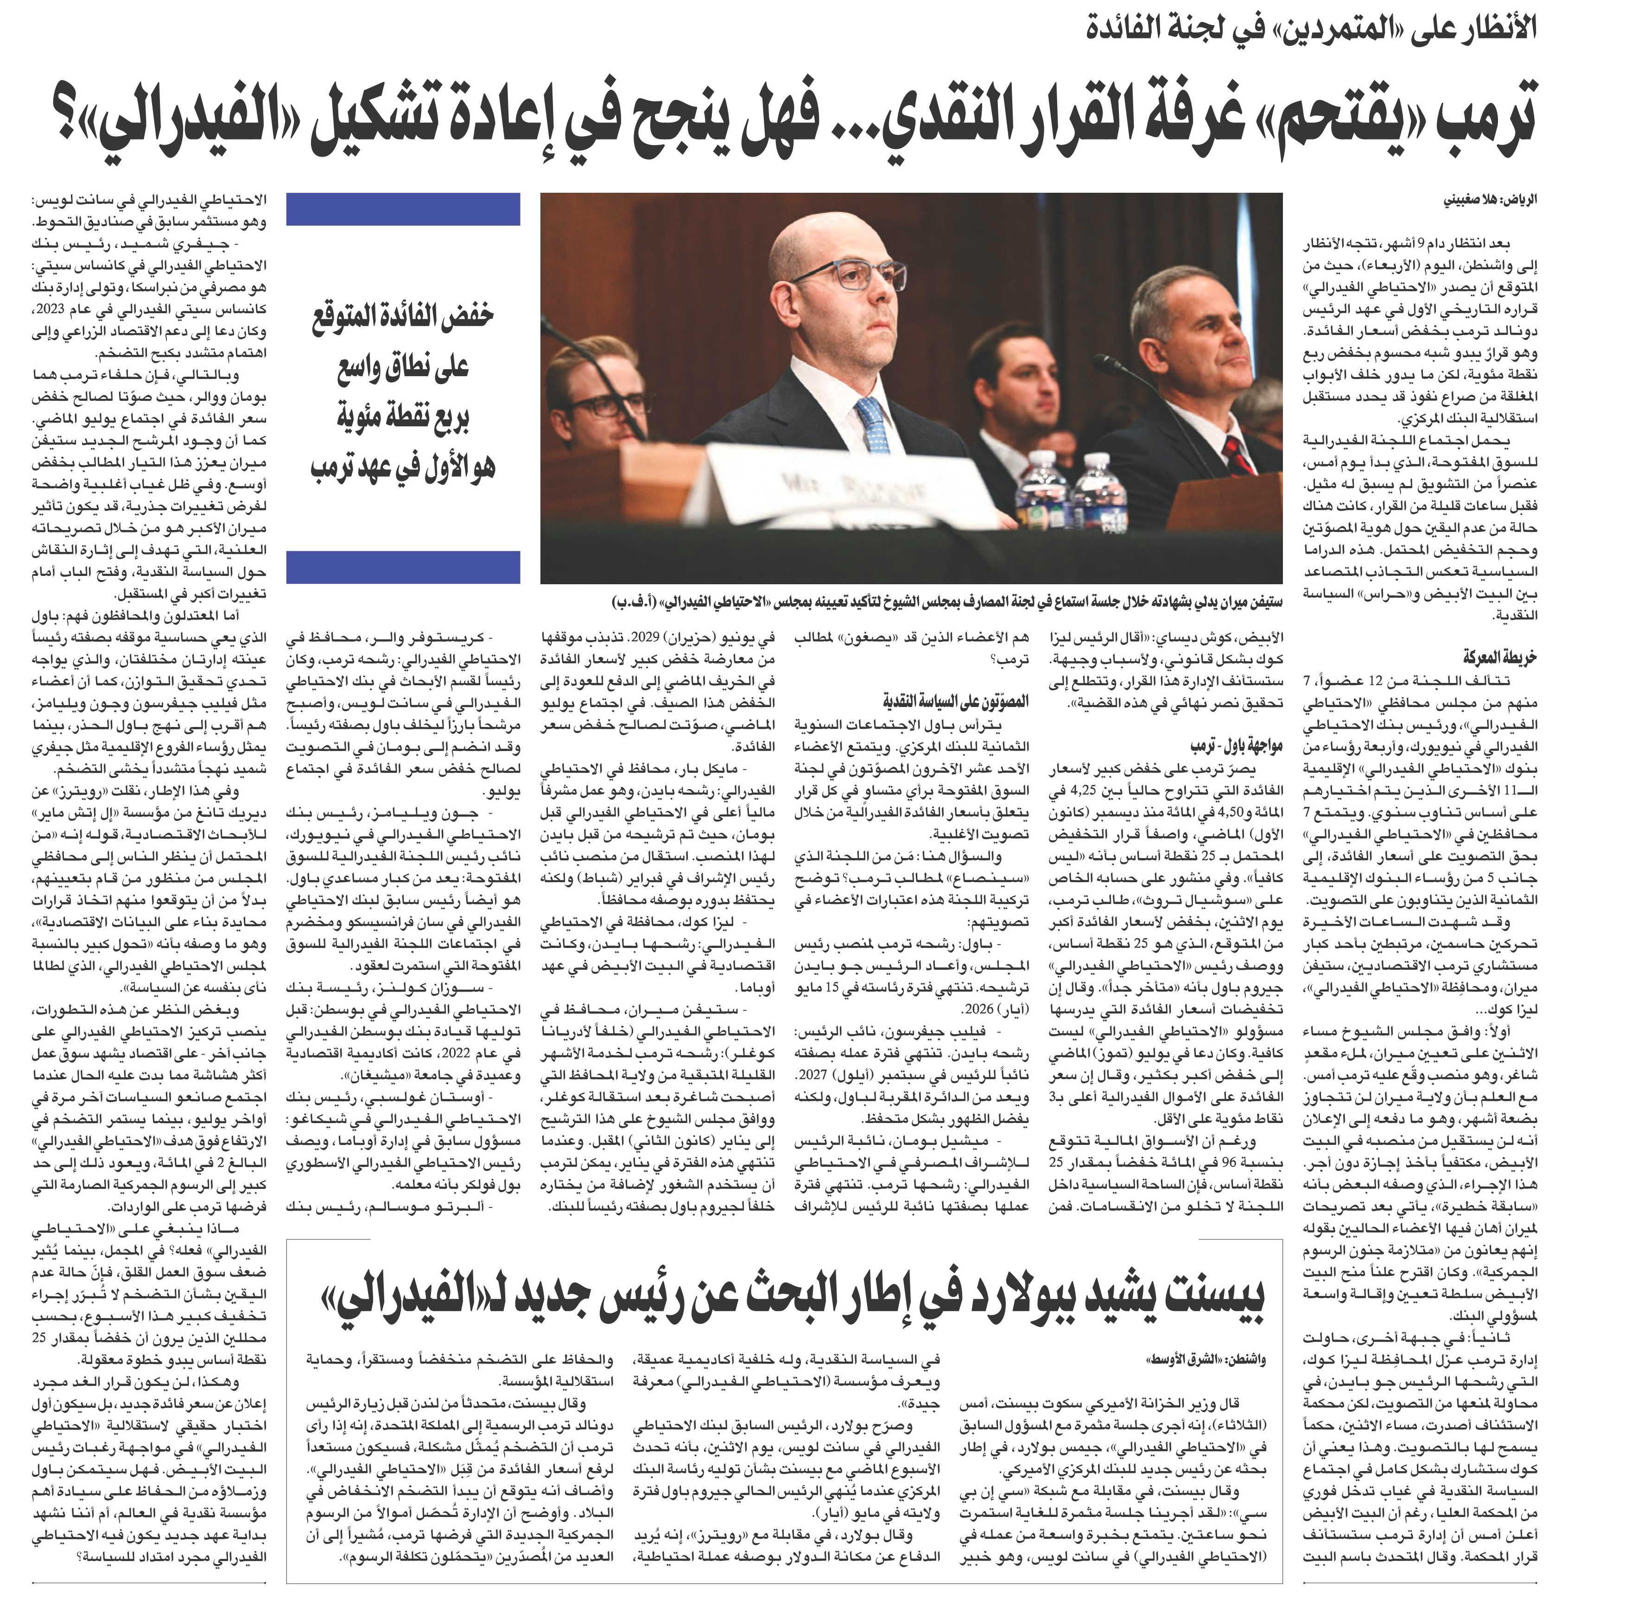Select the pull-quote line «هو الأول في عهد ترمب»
point(403,464)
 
